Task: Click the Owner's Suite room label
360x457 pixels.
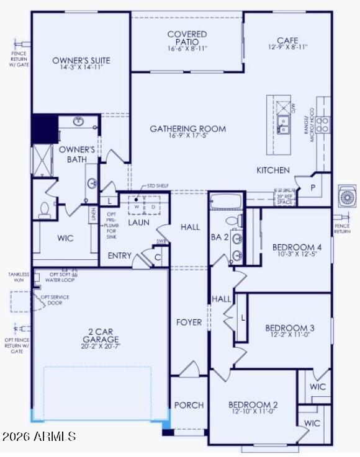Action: (81, 60)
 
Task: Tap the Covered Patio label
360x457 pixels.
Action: (187, 37)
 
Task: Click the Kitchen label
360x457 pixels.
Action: (273, 170)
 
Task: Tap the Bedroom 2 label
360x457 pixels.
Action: (253, 405)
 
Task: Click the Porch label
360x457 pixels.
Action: (189, 405)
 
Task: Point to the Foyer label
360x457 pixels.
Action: (189, 322)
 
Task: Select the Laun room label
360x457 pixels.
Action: (138, 222)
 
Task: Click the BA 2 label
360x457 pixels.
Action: (220, 236)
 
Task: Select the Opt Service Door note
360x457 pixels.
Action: (55, 300)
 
